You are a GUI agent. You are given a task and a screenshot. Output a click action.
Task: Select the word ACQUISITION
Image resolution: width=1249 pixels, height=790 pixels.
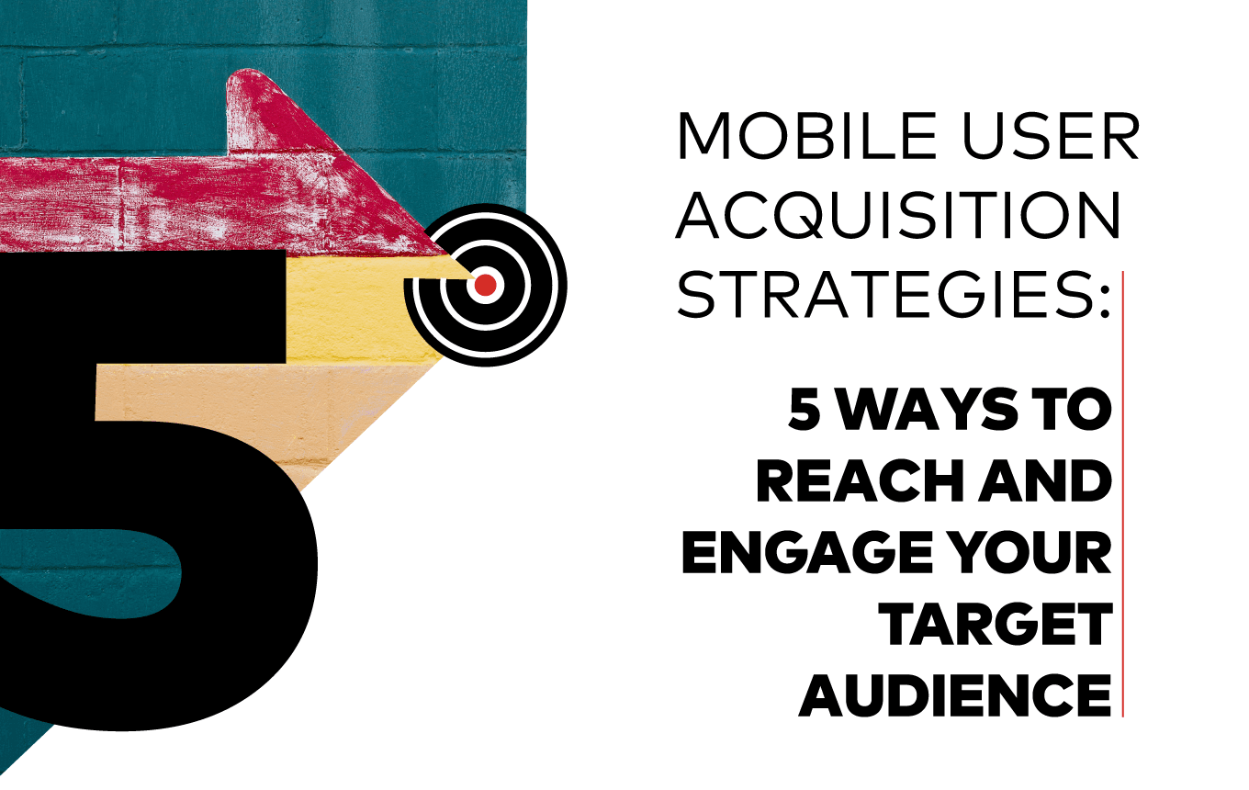(x=898, y=217)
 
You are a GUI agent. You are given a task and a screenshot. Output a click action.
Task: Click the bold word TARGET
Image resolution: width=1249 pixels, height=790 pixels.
(x=996, y=625)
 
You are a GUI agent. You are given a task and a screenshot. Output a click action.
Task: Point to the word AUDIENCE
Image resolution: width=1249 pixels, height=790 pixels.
(x=956, y=696)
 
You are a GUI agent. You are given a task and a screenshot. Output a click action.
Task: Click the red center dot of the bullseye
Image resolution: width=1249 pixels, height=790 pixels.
(x=486, y=286)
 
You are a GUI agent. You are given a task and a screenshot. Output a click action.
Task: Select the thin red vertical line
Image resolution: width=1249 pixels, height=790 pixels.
(x=1122, y=496)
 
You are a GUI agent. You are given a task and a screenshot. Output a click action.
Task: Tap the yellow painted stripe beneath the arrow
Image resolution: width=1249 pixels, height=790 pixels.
(x=358, y=308)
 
